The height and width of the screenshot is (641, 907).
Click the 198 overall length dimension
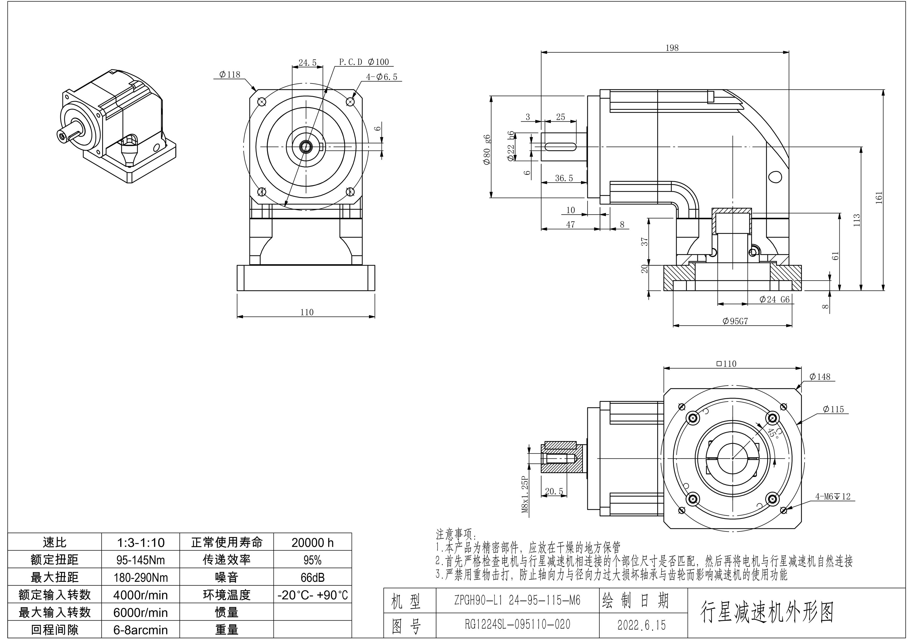coord(672,48)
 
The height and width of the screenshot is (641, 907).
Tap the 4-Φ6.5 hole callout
coord(381,76)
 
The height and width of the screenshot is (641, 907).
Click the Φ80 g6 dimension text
coord(487,149)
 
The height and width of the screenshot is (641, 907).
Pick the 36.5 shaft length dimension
coord(564,178)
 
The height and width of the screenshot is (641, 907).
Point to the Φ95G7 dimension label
coord(735,321)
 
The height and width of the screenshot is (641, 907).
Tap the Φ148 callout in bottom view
coord(820,377)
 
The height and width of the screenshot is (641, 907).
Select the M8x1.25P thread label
coord(525,494)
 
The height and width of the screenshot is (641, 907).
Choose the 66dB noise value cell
coord(312,577)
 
